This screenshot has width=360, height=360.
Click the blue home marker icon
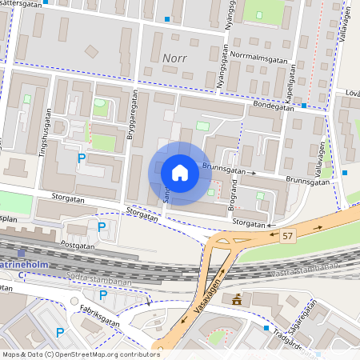click(180, 173)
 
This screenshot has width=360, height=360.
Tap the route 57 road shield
click(288, 235)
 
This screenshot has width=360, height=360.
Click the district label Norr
click(174, 58)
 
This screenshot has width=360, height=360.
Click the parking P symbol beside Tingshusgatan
click(82, 158)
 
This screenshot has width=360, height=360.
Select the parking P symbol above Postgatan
click(102, 227)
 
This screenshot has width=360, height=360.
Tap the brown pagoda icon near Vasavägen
click(237, 300)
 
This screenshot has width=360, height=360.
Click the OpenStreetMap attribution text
click(81, 354)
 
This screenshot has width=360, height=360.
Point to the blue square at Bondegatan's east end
click(305, 105)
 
